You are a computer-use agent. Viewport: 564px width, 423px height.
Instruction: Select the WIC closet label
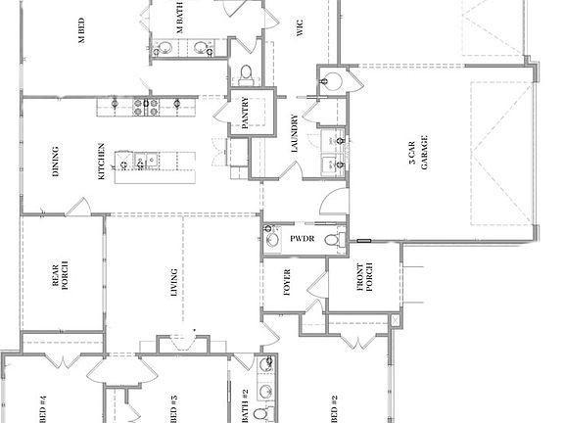[300, 26]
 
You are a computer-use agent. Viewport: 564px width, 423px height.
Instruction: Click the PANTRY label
[245, 114]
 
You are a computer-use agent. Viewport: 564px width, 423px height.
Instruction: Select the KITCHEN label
[101, 163]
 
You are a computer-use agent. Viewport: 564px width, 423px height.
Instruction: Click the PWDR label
[301, 238]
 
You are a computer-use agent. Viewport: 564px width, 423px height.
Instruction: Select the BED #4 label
[43, 405]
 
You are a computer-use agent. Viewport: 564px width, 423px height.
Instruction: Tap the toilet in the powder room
[333, 238]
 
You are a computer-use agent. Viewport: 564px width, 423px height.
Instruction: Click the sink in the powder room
[271, 238]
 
